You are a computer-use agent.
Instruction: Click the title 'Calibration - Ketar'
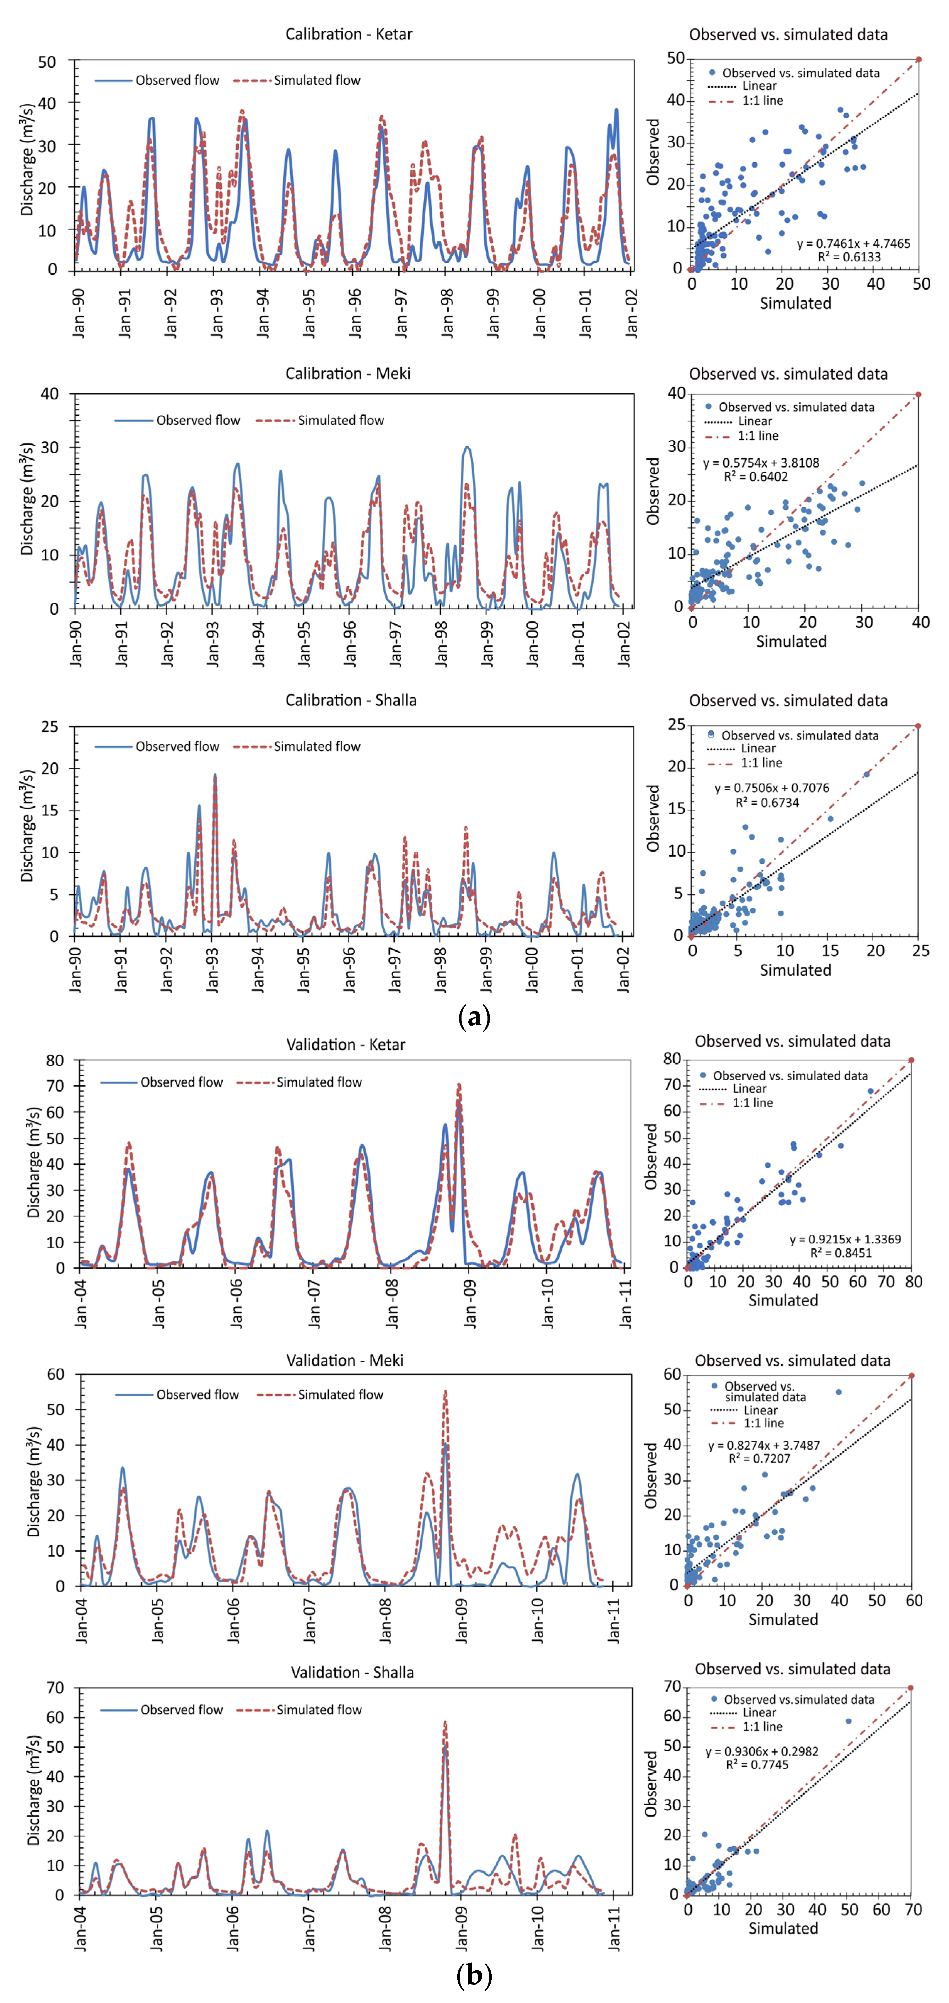point(349,34)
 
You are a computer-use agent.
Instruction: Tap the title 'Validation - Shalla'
point(352,1672)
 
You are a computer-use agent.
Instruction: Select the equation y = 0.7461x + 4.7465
point(853,244)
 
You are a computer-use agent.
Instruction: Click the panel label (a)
point(475,1016)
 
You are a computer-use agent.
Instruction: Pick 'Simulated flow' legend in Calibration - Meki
point(341,421)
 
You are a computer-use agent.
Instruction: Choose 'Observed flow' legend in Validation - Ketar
point(181,1082)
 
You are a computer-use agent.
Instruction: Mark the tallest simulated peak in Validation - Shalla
point(445,1722)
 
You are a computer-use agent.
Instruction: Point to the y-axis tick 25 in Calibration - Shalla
point(50,726)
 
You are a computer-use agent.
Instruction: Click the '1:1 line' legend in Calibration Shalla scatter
point(761,763)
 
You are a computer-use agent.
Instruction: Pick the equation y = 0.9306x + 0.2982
point(761,1752)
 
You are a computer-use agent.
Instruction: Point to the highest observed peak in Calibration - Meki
point(467,448)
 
